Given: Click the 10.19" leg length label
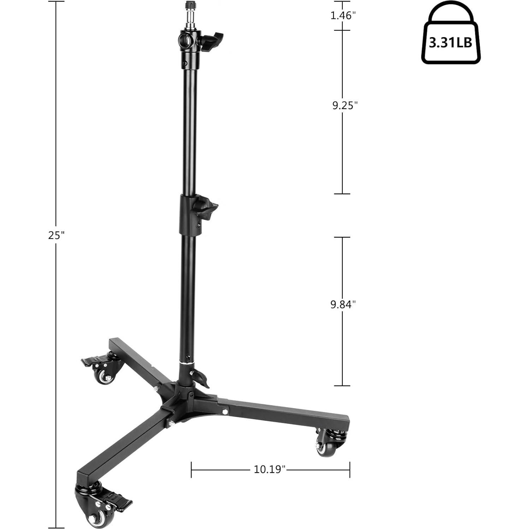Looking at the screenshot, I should tap(269, 469).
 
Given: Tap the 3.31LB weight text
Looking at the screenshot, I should tap(451, 43).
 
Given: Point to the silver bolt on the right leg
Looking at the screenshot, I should tap(224, 411).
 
